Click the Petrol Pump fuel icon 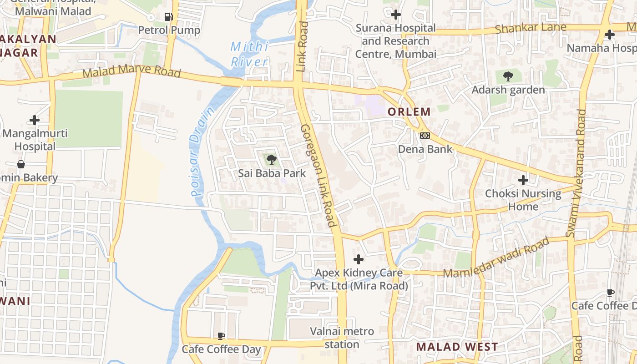tap(168, 17)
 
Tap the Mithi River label tap(249, 54)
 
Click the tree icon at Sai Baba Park tap(272, 159)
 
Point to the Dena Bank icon tap(425, 136)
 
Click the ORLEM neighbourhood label tap(409, 111)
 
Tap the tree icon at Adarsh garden tap(508, 76)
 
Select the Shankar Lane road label tap(531, 28)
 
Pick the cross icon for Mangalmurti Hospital tap(35, 120)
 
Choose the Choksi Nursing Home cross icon tap(523, 180)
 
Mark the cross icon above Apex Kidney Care tap(359, 259)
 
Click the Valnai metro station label tap(342, 338)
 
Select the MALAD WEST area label tap(457, 347)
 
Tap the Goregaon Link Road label tap(318, 175)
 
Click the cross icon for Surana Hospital tap(396, 15)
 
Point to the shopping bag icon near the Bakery tap(21, 164)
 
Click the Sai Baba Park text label tap(272, 173)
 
